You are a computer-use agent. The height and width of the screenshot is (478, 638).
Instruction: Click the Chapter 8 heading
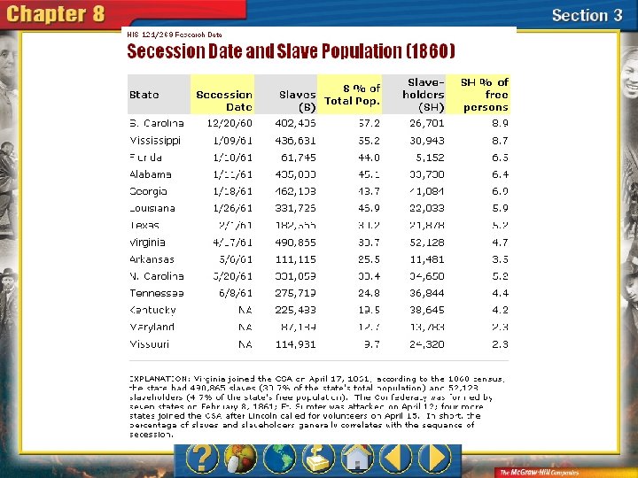pyautogui.click(x=57, y=15)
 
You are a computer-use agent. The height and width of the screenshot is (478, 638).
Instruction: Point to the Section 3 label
pyautogui.click(x=587, y=15)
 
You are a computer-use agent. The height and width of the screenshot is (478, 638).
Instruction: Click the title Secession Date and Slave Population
pyautogui.click(x=291, y=51)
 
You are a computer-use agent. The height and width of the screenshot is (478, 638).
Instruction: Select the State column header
pyautogui.click(x=144, y=95)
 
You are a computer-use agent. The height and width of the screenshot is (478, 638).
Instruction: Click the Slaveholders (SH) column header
pyautogui.click(x=424, y=95)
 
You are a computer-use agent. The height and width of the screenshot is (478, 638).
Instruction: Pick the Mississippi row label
pyautogui.click(x=155, y=141)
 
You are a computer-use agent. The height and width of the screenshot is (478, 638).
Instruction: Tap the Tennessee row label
pyautogui.click(x=156, y=293)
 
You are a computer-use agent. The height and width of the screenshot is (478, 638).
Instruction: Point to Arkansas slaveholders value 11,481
pyautogui.click(x=426, y=259)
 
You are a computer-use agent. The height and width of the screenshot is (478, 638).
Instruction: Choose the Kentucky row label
pyautogui.click(x=152, y=310)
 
